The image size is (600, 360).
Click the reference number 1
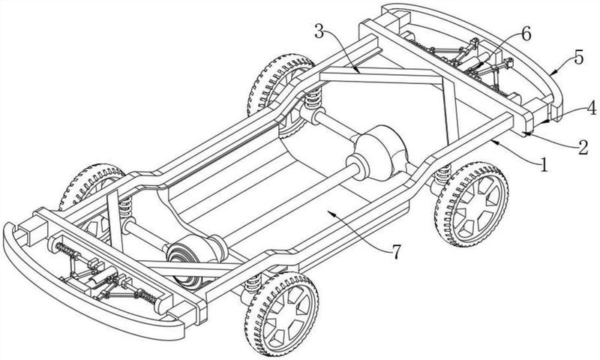click(544, 165)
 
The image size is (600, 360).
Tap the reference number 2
click(583, 147)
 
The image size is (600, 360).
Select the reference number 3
click(320, 31)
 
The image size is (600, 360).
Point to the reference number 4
click(591, 108)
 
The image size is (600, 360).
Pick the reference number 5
click(578, 58)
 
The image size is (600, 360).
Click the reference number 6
click(526, 34)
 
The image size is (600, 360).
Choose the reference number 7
click(396, 252)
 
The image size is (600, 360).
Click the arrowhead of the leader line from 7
click(333, 214)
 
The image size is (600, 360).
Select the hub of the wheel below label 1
click(475, 206)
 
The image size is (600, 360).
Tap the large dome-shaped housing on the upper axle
click(380, 152)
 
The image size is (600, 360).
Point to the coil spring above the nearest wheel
click(253, 283)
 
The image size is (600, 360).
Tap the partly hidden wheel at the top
click(281, 86)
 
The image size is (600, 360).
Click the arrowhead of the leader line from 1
click(493, 142)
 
